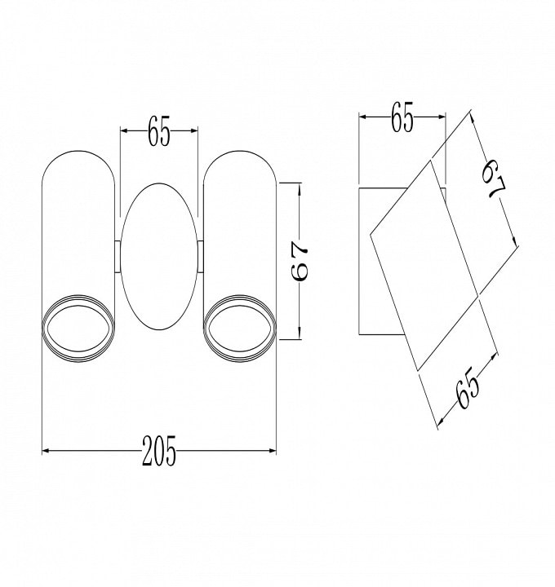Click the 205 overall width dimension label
pos(159,450)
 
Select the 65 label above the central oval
pos(159,130)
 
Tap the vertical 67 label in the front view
pos(300,261)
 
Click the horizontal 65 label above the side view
pos(402,117)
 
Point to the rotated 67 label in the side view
pos(495,179)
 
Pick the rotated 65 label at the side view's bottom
pos(468,391)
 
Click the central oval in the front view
pos(159,257)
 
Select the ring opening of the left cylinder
pos(78,329)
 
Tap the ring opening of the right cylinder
pos(240,329)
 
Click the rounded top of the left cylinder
pos(78,151)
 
